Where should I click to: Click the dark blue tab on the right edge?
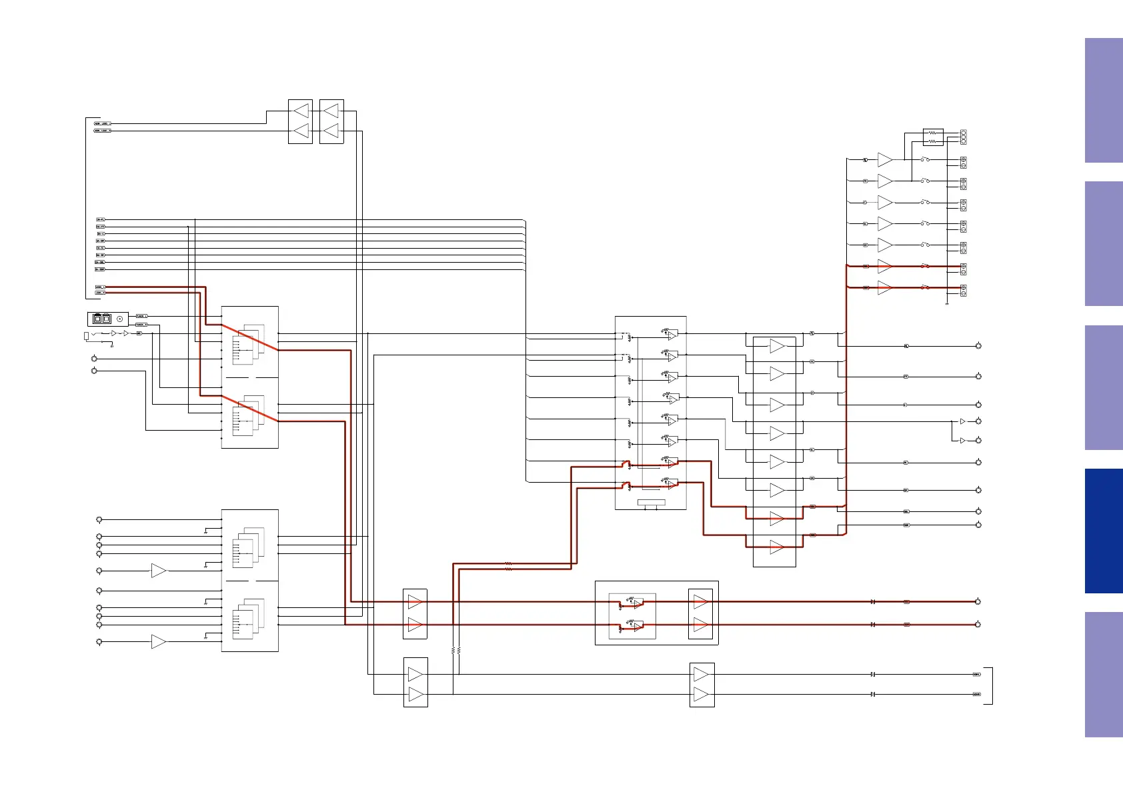(1104, 531)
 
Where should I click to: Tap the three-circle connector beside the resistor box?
(963, 137)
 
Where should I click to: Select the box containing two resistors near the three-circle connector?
(933, 137)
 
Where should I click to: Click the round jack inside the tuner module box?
(119, 319)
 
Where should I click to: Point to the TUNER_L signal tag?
(141, 316)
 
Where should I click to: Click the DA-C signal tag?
(101, 234)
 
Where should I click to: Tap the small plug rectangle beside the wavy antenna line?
(86, 335)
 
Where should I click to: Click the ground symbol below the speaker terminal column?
(947, 304)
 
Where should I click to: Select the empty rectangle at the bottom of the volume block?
(651, 502)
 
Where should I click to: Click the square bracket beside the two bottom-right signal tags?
(990, 685)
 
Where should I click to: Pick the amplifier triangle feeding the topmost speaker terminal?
(885, 160)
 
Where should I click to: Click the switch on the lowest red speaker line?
(925, 287)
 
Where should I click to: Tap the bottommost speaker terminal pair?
(963, 290)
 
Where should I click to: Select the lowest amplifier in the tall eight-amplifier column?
(776, 547)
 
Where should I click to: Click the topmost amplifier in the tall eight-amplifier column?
(776, 346)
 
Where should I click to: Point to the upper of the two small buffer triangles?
(962, 421)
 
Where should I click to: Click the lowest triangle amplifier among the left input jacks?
(158, 641)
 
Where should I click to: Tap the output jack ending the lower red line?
(978, 625)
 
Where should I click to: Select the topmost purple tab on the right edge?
(1104, 100)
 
